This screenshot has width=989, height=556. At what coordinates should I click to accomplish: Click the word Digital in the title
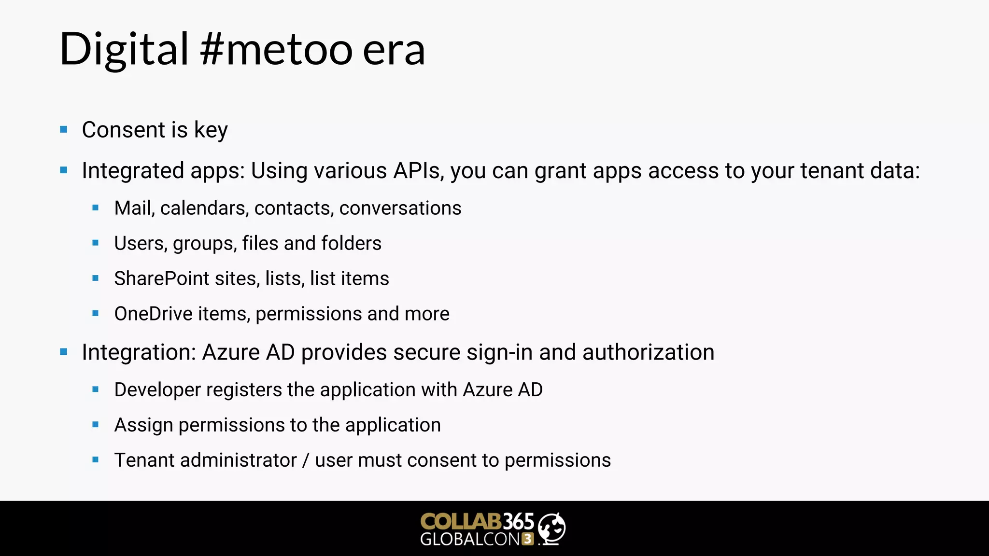pyautogui.click(x=124, y=49)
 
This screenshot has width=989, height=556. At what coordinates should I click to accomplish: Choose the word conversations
pyautogui.click(x=400, y=208)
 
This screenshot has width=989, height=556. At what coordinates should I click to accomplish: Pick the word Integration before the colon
pyautogui.click(x=137, y=352)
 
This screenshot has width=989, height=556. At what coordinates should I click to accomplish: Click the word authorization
pyautogui.click(x=648, y=352)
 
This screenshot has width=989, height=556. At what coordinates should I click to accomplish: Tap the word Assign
pyautogui.click(x=143, y=425)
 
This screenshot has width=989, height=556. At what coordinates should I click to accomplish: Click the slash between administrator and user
pyautogui.click(x=305, y=460)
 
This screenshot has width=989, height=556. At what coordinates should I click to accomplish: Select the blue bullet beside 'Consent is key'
pyautogui.click(x=64, y=129)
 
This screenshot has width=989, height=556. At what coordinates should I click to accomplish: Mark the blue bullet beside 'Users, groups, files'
pyautogui.click(x=96, y=243)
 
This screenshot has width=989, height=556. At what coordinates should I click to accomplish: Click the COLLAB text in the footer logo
pyautogui.click(x=461, y=522)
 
